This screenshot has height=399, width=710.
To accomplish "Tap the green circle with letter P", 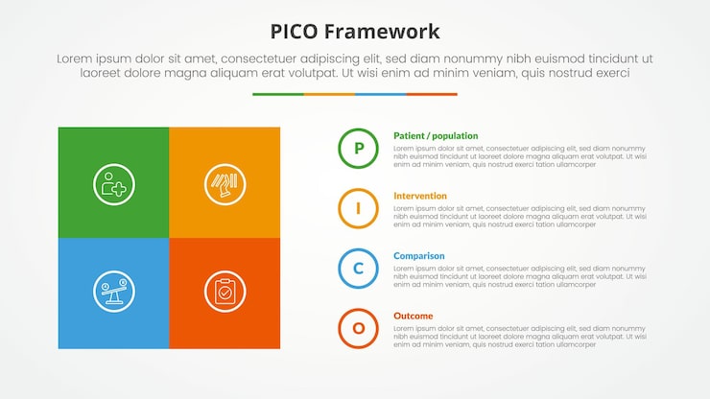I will click(358, 149).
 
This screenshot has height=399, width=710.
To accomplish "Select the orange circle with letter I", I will click(358, 208).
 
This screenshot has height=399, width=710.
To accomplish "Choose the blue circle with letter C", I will click(358, 269).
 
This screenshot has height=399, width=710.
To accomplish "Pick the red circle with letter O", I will click(358, 328).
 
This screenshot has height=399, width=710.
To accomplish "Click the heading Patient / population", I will click(435, 136).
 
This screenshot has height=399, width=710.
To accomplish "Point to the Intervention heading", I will click(419, 196).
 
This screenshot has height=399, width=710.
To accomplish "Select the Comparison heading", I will click(418, 256).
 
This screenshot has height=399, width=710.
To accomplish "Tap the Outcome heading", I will click(413, 316).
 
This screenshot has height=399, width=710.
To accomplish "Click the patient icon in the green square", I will click(114, 183).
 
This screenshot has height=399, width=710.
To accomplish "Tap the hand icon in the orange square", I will click(225, 183).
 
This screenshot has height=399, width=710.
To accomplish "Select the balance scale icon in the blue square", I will click(114, 292).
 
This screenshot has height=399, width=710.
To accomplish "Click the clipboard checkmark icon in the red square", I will click(225, 292).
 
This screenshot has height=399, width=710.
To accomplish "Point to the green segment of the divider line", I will click(277, 94).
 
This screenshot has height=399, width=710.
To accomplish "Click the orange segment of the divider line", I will click(329, 94).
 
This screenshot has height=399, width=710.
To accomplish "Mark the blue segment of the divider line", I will click(380, 94).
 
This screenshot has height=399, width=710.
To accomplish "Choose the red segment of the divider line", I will click(432, 94).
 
